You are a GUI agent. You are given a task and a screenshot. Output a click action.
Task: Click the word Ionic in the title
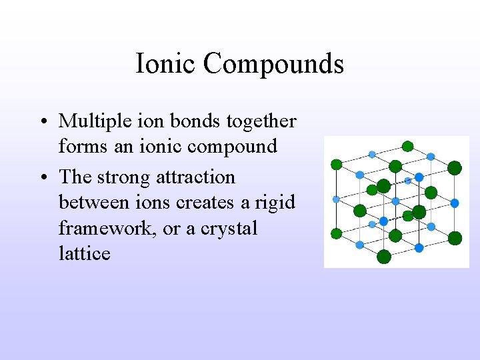(166, 64)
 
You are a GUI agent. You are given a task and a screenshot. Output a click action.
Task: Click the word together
(261, 122)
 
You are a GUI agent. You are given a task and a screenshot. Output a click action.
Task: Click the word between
(93, 203)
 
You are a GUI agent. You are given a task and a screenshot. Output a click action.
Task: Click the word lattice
(84, 253)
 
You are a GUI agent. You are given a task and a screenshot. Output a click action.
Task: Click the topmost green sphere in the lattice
(407, 147)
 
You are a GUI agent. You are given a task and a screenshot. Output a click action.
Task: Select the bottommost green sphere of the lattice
(384, 257)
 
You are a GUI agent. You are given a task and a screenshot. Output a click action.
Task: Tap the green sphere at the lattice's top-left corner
(337, 164)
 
